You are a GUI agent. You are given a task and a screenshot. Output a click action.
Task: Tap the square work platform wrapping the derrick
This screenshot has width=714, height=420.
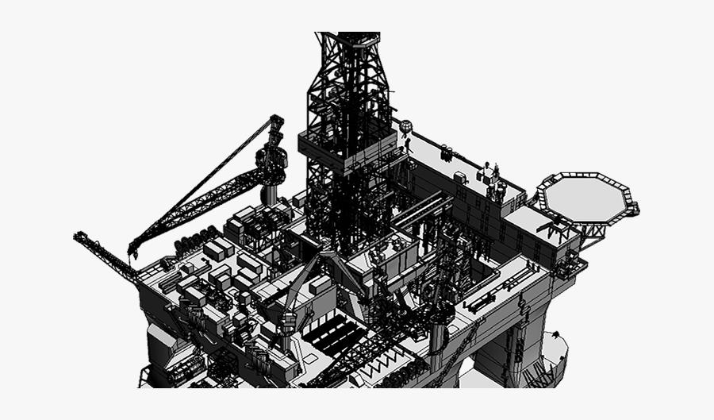pos(346,151)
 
